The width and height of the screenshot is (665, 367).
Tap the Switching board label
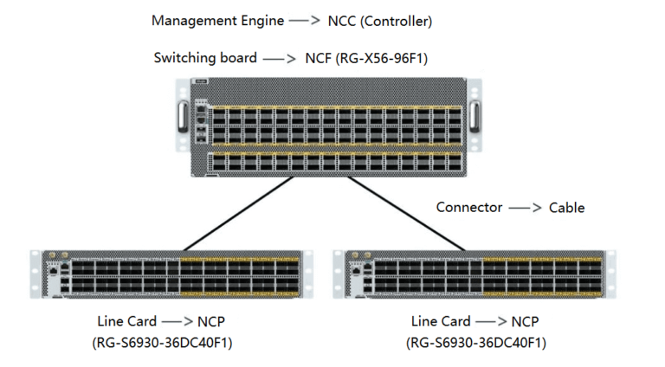205,58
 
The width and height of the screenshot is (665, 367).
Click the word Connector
468,208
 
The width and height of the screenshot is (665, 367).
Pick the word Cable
567,208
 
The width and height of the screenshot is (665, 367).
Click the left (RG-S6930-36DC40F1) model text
162,343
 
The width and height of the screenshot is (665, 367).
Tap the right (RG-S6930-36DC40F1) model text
476,343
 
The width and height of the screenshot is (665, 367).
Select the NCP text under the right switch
524,322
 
